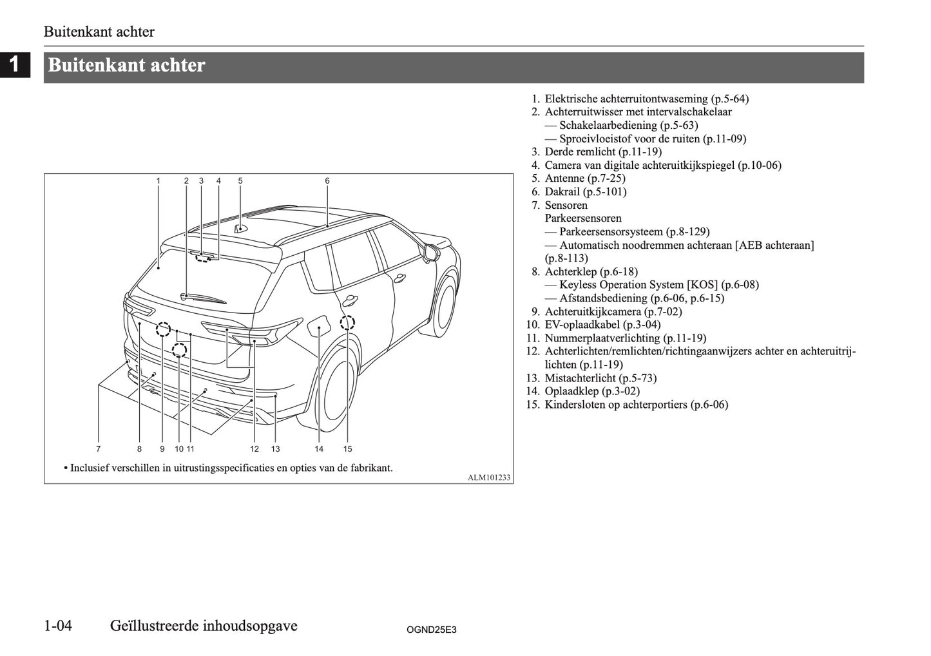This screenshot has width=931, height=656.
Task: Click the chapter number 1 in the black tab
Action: pyautogui.click(x=15, y=65)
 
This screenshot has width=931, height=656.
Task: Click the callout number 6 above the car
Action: pyautogui.click(x=327, y=181)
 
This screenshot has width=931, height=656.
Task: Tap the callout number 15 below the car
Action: pyautogui.click(x=347, y=449)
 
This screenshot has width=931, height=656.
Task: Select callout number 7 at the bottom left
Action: pyautogui.click(x=99, y=449)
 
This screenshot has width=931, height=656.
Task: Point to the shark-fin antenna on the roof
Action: pyautogui.click(x=240, y=227)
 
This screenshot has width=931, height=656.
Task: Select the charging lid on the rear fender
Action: pyautogui.click(x=318, y=329)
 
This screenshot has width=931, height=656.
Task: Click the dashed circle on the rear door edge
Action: pyautogui.click(x=347, y=322)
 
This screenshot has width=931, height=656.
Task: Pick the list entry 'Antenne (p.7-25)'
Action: pyautogui.click(x=584, y=178)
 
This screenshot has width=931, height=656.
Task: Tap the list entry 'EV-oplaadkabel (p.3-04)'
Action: pyautogui.click(x=602, y=325)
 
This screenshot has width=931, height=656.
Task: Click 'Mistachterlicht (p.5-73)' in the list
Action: pyautogui.click(x=600, y=378)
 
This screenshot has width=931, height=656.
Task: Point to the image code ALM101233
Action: pyautogui.click(x=489, y=478)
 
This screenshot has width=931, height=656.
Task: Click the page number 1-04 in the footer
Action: pyautogui.click(x=58, y=626)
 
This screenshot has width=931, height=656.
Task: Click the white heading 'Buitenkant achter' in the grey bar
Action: pyautogui.click(x=127, y=66)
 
